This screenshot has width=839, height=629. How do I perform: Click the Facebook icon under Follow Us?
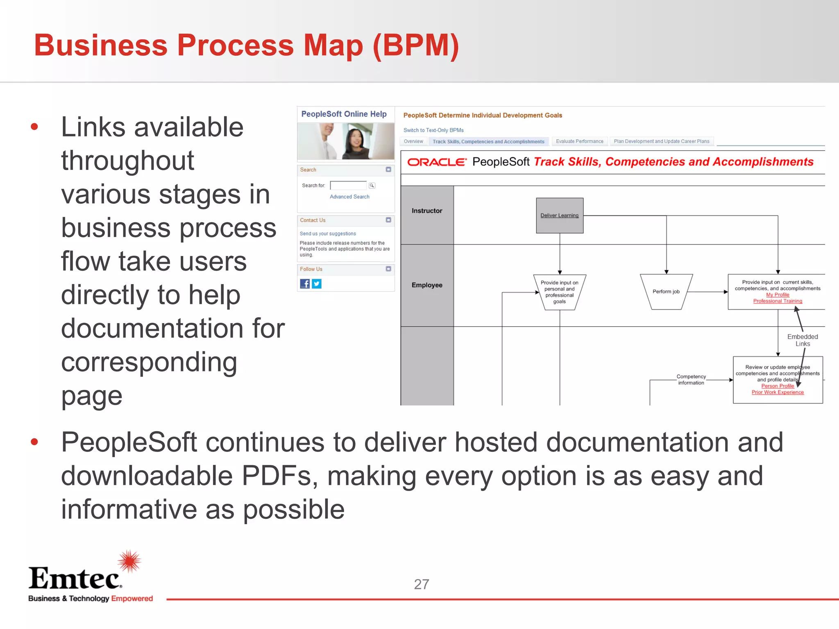point(305,284)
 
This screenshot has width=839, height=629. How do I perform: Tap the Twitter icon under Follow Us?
point(317,284)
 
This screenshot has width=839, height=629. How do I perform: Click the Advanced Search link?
point(349,197)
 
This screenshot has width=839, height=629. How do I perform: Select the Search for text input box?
point(348,186)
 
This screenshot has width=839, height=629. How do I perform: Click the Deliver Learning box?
point(560,216)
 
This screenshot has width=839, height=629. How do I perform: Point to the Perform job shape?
point(666,292)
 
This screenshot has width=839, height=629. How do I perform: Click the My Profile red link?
point(778,295)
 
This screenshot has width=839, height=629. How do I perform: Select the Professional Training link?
point(778,301)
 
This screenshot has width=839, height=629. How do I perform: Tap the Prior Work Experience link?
point(778,392)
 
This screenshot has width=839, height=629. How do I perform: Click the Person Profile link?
point(778,386)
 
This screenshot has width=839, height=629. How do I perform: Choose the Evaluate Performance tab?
point(579,142)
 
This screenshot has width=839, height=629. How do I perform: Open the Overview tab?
point(413,142)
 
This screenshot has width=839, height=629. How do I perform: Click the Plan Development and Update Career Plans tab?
point(661,142)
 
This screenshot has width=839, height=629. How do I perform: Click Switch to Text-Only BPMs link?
point(433,130)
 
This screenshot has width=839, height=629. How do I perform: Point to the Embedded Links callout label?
point(803,340)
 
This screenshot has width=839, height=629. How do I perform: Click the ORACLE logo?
point(437,162)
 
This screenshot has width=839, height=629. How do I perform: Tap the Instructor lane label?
point(427,211)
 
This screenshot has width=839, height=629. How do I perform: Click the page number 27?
point(422,584)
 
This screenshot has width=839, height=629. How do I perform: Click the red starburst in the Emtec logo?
point(129,561)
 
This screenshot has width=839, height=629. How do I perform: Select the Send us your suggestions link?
point(328,234)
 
